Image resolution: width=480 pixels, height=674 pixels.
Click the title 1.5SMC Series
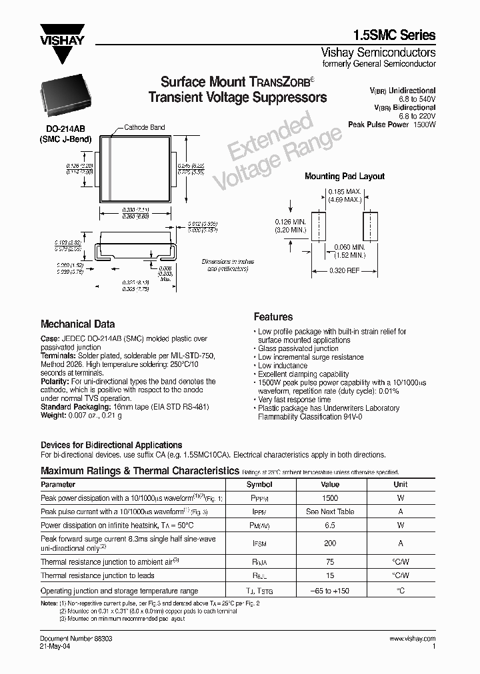(x=393, y=35)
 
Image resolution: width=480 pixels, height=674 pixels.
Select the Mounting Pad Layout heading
(x=344, y=176)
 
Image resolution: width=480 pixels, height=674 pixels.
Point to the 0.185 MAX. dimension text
(x=344, y=192)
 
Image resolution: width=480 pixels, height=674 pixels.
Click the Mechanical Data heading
(x=78, y=324)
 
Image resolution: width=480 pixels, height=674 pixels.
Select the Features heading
(x=273, y=317)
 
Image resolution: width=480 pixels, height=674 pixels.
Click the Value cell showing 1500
(x=330, y=498)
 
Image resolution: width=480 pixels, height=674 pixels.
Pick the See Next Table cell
(x=330, y=511)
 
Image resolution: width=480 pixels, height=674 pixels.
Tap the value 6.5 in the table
(x=330, y=525)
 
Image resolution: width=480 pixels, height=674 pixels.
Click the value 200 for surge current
(x=330, y=543)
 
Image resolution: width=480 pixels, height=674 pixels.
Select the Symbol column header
(x=259, y=484)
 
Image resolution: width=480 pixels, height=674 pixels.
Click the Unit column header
(x=400, y=484)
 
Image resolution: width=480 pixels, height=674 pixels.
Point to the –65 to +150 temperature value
(x=330, y=591)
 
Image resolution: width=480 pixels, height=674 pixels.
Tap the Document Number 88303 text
(x=77, y=638)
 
